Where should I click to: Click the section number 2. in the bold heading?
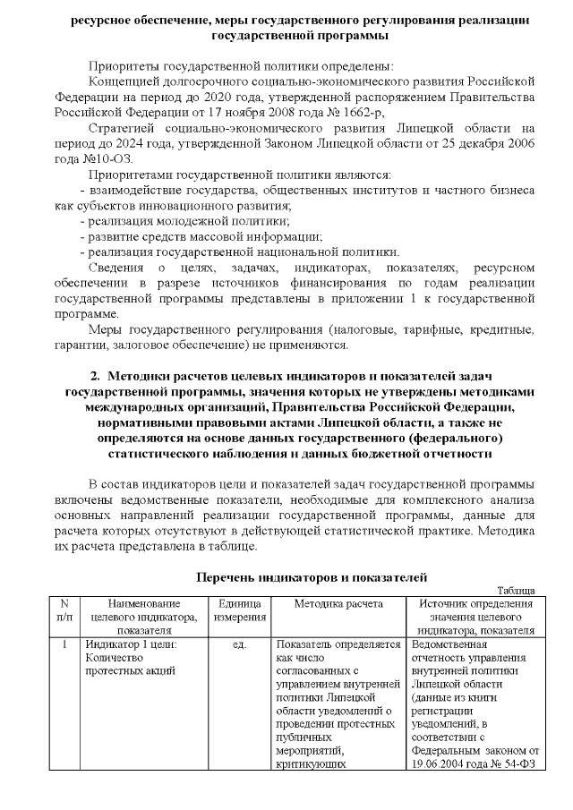(98, 377)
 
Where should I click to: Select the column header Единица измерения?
(239, 611)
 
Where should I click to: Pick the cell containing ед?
(239, 644)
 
